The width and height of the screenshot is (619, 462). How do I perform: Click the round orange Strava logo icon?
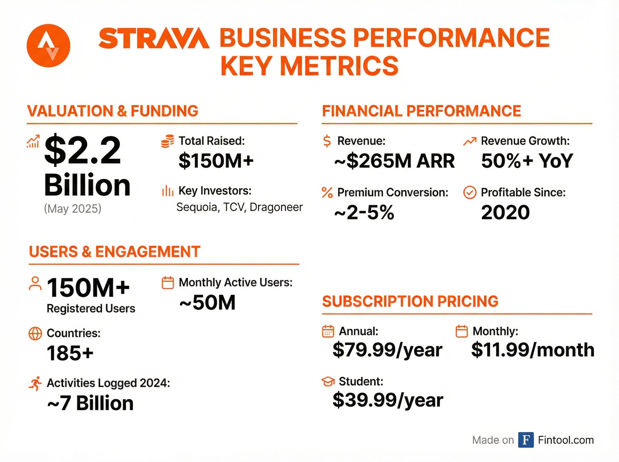pos(48,46)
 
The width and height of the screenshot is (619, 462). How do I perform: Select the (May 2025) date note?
pos(72,209)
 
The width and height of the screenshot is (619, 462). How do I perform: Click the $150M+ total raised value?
pos(216,161)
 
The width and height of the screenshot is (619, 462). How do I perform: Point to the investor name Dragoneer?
pos(276,207)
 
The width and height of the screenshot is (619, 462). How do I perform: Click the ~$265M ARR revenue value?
pos(394,161)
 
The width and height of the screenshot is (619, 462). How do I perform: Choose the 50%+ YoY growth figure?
pos(527,161)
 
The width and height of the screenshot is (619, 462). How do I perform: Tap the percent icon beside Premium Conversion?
pos(327,192)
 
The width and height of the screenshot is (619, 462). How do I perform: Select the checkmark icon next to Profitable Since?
pos(470,192)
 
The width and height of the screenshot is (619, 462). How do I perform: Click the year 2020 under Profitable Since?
pos(506,212)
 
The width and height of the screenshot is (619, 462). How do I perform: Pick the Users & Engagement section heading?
pos(115,252)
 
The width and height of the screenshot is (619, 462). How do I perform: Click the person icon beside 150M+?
pos(35,284)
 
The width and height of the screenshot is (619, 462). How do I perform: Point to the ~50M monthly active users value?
pos(207,303)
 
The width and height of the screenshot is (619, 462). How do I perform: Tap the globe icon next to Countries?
pos(35,333)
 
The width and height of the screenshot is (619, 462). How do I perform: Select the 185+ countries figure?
pos(70,353)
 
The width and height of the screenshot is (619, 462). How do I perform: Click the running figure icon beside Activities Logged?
pos(36,383)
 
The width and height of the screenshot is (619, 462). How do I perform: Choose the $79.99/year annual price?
pos(387,350)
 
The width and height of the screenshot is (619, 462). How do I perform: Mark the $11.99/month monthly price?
pos(533,350)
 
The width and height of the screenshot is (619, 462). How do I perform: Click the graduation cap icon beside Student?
pos(328,382)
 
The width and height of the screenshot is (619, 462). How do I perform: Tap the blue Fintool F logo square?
pos(526,440)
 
